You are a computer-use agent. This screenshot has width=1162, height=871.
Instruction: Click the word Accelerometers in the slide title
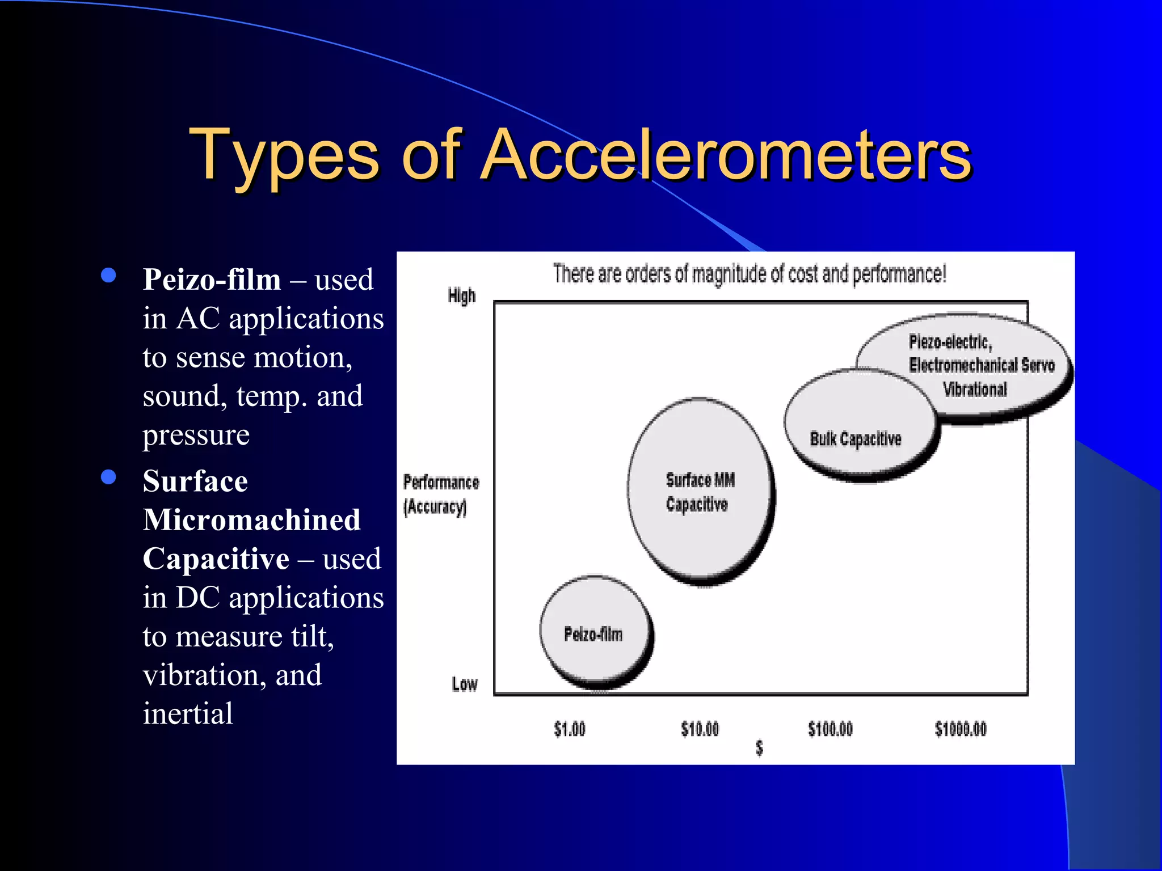726,154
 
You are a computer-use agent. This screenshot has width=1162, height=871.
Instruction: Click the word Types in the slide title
284,154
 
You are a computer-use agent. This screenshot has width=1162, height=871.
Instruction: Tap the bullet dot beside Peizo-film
108,276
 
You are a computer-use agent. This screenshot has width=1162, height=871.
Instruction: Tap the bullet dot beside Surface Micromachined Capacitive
108,477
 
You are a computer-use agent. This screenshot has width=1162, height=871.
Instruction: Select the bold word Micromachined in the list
251,520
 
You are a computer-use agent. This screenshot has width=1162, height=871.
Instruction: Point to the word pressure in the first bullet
196,435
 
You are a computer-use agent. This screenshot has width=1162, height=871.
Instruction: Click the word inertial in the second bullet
188,713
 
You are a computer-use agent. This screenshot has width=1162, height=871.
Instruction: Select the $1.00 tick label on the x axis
570,729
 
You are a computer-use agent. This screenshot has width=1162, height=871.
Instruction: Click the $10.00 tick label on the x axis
700,729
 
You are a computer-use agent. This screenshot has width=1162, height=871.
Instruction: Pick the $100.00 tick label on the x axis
830,729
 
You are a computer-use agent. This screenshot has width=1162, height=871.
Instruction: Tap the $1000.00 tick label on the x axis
961,729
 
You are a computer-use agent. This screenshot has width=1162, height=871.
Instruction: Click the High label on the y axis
461,296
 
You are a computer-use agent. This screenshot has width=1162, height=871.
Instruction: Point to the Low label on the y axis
464,684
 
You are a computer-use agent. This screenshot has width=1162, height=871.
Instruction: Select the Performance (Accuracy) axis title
440,494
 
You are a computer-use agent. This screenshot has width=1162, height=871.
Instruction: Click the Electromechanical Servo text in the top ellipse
982,365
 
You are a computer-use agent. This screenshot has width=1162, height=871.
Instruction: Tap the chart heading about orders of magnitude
749,274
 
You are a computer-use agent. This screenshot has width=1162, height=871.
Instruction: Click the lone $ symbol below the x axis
759,749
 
